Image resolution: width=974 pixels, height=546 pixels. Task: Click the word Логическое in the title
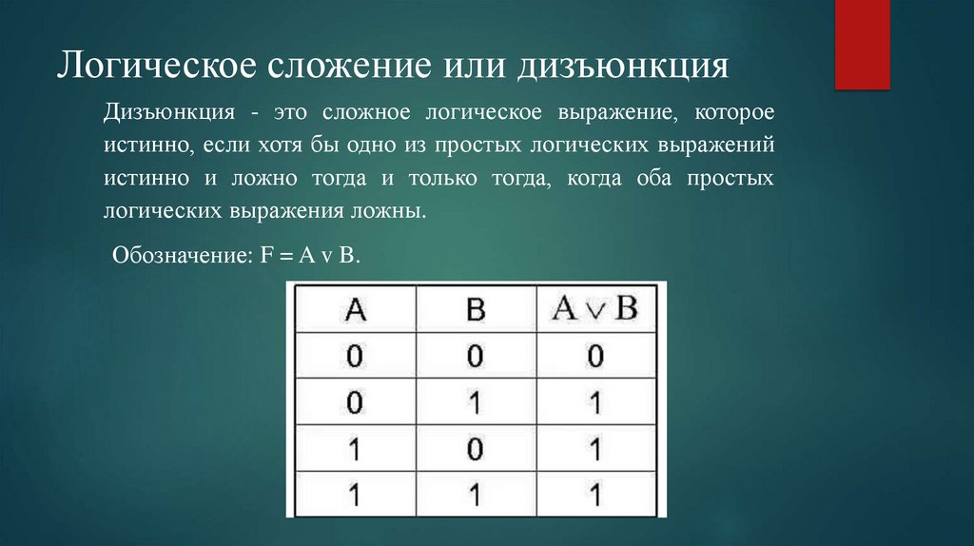point(151,68)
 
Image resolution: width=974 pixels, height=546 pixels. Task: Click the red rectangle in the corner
point(862,44)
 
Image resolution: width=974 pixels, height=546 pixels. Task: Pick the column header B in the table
point(476,309)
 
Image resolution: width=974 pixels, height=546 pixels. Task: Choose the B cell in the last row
point(476,494)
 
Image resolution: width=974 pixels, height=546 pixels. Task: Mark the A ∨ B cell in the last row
point(595,494)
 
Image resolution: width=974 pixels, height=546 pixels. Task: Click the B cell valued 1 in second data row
point(476,402)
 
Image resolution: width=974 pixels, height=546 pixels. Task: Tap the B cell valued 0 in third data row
point(476,448)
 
